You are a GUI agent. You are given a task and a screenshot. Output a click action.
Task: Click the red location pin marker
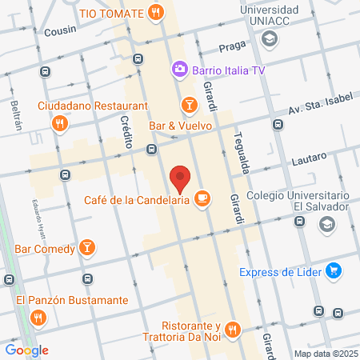pos(181,178)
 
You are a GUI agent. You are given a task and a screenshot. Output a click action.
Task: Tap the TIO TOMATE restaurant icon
pos(155,12)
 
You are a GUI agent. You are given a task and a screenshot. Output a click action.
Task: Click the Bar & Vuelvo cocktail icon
pos(189,106)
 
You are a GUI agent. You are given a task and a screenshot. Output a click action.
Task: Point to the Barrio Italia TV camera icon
pos(179,70)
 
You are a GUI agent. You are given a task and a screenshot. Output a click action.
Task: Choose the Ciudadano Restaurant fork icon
pos(59,124)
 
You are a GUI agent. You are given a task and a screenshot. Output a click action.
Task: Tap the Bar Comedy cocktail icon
pos(86,248)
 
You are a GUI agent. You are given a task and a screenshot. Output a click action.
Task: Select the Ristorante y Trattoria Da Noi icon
pos(232,328)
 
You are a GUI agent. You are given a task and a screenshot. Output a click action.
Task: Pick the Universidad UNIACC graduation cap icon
pos(270,38)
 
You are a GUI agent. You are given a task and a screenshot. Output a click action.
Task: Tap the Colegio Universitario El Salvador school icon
pos(326,226)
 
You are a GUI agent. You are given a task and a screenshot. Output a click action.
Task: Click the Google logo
pos(26,350)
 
